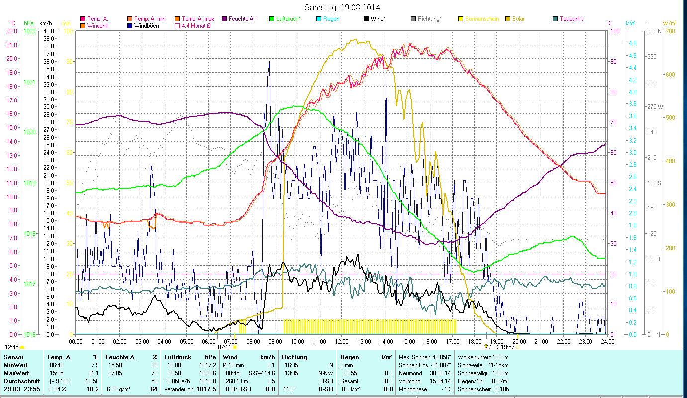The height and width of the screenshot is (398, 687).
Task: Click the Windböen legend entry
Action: click(147, 25)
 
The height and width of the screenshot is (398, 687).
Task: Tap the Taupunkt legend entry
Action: click(571, 19)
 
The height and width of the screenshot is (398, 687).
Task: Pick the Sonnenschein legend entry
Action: click(478, 19)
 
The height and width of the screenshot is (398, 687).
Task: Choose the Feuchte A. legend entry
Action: click(243, 19)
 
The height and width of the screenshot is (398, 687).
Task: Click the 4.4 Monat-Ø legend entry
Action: click(196, 25)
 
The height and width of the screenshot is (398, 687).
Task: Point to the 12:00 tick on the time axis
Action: click(342, 342)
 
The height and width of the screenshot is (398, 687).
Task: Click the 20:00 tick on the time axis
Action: click(519, 342)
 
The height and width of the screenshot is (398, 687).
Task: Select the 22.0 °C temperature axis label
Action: click(12, 31)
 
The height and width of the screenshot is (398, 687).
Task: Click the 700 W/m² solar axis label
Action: click(669, 31)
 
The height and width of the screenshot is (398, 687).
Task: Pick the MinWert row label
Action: click(15, 365)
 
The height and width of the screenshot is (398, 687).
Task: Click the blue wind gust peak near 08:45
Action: click(269, 62)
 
